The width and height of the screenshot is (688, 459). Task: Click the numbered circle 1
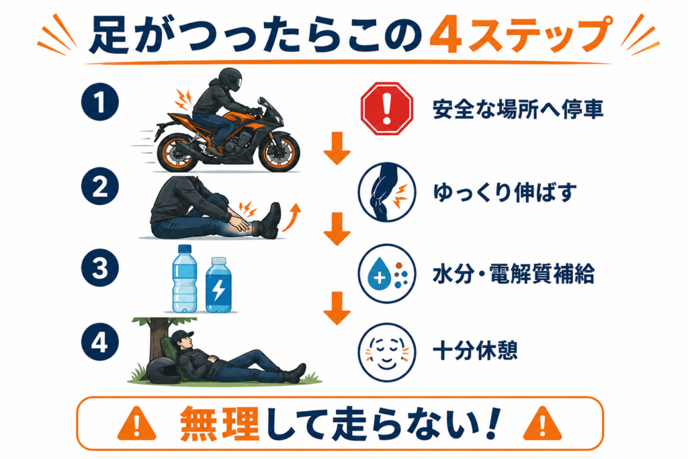[x=100, y=101]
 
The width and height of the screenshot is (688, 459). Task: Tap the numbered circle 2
[x=100, y=185]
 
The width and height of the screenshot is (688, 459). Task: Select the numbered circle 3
[x=100, y=267]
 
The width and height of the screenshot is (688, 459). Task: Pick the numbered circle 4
[x=100, y=342]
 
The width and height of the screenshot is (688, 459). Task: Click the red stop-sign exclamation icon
[x=386, y=108]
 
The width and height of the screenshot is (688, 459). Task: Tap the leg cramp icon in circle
[x=386, y=192]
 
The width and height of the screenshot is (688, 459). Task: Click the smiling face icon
[x=386, y=352]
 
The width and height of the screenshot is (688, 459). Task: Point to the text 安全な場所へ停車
[x=518, y=109]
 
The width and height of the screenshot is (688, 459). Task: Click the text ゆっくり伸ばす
[x=505, y=192]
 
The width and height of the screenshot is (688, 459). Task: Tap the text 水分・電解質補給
[x=513, y=274]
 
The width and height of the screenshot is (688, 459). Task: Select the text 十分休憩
[x=475, y=351]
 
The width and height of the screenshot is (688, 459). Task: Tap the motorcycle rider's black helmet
[x=230, y=79]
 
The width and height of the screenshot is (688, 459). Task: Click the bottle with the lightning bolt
[x=218, y=285]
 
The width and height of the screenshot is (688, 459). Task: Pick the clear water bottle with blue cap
[x=185, y=279]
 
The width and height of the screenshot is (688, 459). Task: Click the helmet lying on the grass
[x=164, y=370]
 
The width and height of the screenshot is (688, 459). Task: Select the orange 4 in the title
[x=445, y=36]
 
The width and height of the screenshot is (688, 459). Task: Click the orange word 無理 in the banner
[x=220, y=423]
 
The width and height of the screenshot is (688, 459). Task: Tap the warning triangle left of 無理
[x=137, y=423]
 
